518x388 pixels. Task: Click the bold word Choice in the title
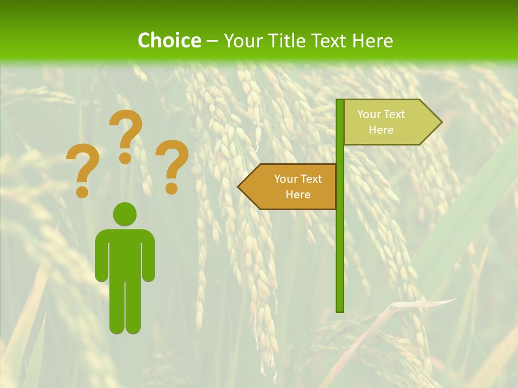(169, 40)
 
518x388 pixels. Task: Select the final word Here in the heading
(373, 41)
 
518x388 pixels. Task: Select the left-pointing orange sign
(291, 186)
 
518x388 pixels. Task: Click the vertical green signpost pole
(340, 242)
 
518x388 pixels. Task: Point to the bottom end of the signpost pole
(340, 310)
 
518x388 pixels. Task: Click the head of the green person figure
(125, 214)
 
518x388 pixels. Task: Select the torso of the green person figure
(125, 253)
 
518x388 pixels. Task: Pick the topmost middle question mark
(126, 129)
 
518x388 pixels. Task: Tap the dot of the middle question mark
(125, 158)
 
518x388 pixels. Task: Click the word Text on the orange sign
(311, 179)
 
